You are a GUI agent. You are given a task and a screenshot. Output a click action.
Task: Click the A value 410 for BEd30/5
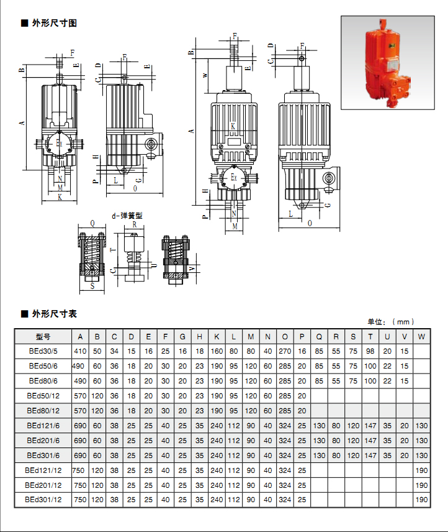pos(80,351)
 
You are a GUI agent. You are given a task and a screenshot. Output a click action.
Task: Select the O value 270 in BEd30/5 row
pos(285,351)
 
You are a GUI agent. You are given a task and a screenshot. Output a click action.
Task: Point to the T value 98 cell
pos(370,351)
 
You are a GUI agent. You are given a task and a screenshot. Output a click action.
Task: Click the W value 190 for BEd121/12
pos(421,470)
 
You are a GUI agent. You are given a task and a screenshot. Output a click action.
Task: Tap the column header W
pos(421,337)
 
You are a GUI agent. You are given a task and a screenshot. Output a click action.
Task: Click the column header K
pos(217,337)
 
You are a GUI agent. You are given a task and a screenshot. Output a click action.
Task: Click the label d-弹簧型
pos(127,215)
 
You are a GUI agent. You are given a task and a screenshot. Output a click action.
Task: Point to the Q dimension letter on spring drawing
pos(92,223)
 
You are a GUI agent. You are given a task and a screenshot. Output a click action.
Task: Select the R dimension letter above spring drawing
pos(135,224)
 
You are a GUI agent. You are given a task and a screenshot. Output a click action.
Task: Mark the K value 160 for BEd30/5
pos(217,351)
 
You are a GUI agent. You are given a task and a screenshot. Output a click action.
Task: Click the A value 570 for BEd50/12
pos(80,395)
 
